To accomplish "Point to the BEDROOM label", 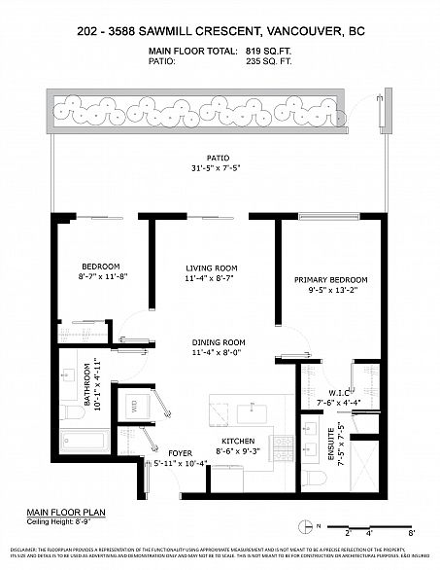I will pyautogui.click(x=100, y=267).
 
